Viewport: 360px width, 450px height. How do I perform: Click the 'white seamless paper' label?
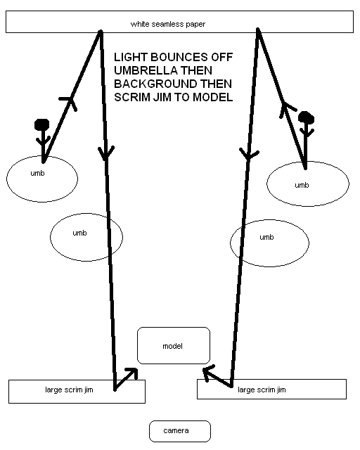[x=168, y=24]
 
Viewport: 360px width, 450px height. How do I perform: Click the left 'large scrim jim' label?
[x=69, y=390]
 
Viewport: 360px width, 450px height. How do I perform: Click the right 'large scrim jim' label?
[x=262, y=390]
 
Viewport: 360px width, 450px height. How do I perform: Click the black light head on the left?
[x=42, y=124]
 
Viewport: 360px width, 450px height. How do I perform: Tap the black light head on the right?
[x=306, y=117]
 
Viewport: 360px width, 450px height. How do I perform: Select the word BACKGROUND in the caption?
[x=155, y=84]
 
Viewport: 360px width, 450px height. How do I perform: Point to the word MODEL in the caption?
[x=213, y=97]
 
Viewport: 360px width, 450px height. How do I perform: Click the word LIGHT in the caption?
[x=131, y=57]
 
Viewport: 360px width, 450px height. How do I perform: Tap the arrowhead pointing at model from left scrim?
[x=133, y=372]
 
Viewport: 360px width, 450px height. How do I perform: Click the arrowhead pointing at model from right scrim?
[x=208, y=372]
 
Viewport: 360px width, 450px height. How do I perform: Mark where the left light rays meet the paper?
[x=101, y=31]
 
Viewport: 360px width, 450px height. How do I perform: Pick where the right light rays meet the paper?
[x=258, y=30]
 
